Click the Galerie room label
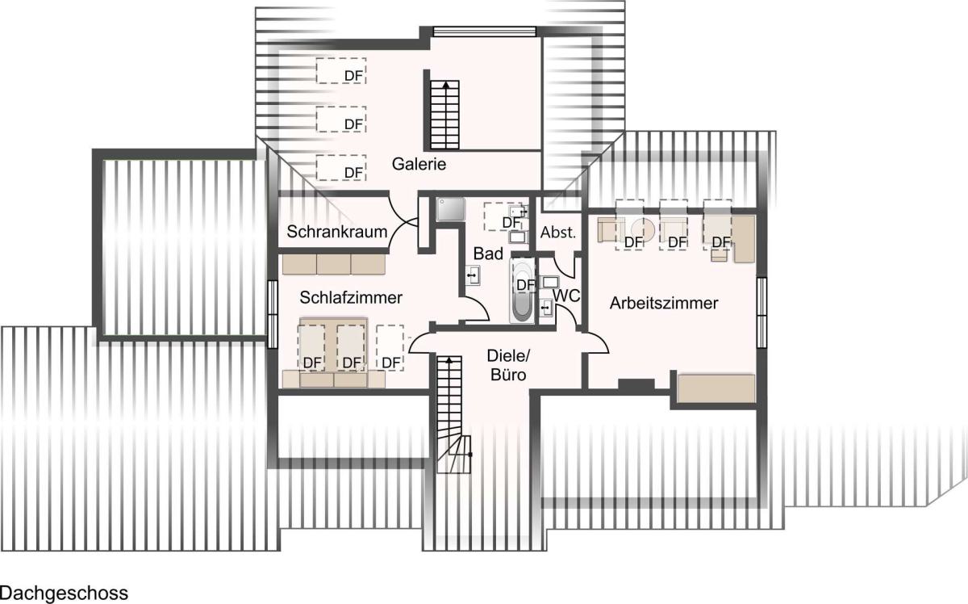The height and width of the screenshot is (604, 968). pos(419,164)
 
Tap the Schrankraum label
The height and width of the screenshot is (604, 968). pos(337,232)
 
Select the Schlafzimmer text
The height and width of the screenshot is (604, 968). pos(351,297)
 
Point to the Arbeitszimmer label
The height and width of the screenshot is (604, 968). pos(664,303)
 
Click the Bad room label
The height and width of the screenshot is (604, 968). pos(488,254)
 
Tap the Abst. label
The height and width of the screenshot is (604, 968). pos(558,233)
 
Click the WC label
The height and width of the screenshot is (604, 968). pos(566,296)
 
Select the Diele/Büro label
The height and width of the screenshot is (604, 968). pos(508,365)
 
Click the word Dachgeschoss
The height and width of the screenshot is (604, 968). pos(64,593)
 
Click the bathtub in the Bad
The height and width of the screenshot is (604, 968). pos(523,291)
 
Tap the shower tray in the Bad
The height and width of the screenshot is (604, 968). pos(450,209)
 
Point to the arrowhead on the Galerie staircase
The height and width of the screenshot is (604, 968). pos(445,84)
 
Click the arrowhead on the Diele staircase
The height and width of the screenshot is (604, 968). pos(449,359)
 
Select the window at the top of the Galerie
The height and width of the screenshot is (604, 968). pos(485,31)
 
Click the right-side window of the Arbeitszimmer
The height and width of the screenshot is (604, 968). pos(761,312)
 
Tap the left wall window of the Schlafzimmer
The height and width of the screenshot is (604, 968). pos(273,314)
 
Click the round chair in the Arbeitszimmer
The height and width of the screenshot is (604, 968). pos(643,229)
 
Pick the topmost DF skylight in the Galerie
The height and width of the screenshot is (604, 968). pos(341,70)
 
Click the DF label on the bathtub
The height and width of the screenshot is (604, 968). pos(526,285)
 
